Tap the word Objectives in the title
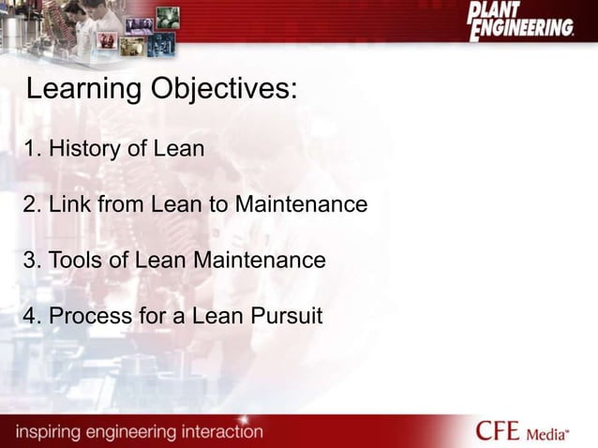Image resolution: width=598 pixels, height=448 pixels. click(x=224, y=91)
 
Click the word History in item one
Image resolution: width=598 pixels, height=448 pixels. click(x=86, y=148)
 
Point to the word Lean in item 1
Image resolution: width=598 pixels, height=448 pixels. click(x=179, y=148)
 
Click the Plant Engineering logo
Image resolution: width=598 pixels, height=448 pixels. click(x=520, y=21)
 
